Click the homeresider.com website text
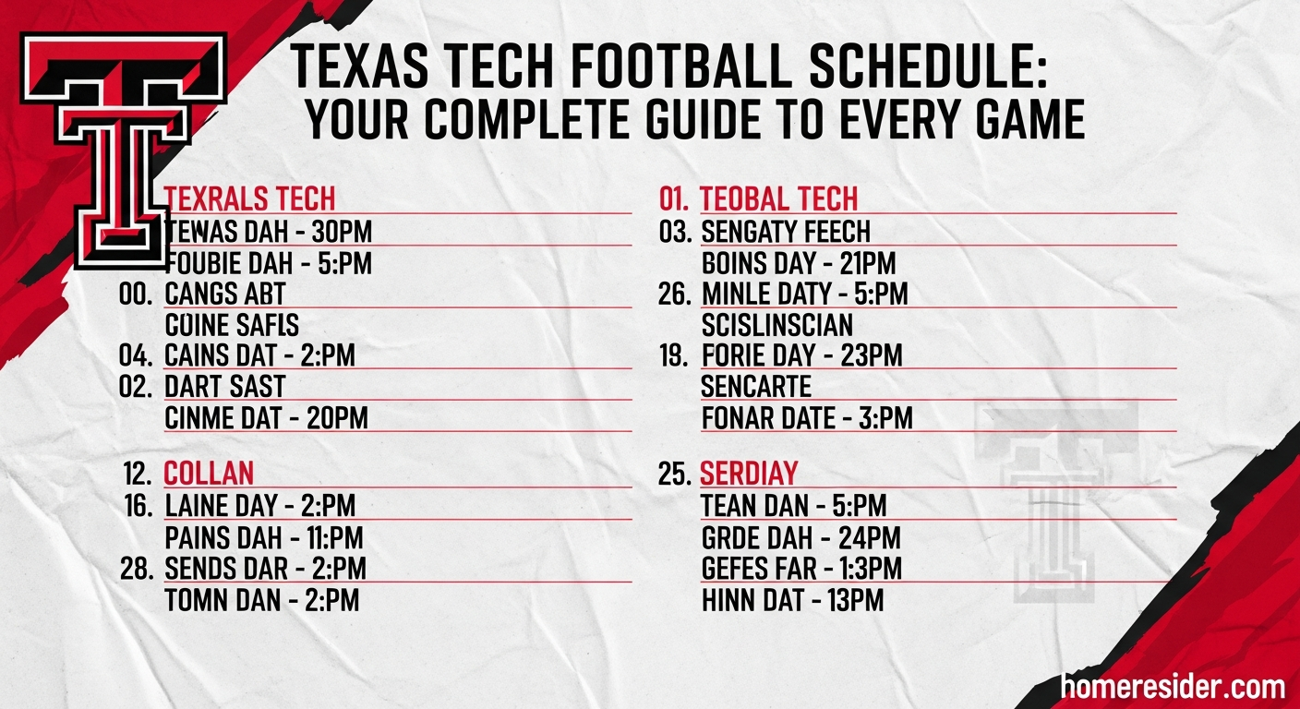tap(1173, 687)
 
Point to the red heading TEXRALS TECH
tap(249, 198)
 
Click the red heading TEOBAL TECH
tap(778, 198)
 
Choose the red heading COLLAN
tap(209, 474)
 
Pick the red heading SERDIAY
tap(749, 474)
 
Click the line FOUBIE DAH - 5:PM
tap(269, 263)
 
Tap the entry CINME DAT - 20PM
tap(266, 418)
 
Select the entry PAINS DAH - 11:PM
tap(263, 537)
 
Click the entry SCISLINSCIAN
tap(776, 325)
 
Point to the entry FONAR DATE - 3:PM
tap(806, 418)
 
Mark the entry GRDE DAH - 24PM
tap(800, 537)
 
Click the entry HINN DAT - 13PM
tap(792, 601)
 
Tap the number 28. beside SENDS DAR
tap(136, 569)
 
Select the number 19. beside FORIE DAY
tap(674, 355)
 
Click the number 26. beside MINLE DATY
tap(675, 294)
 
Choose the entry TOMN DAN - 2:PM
tap(261, 601)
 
